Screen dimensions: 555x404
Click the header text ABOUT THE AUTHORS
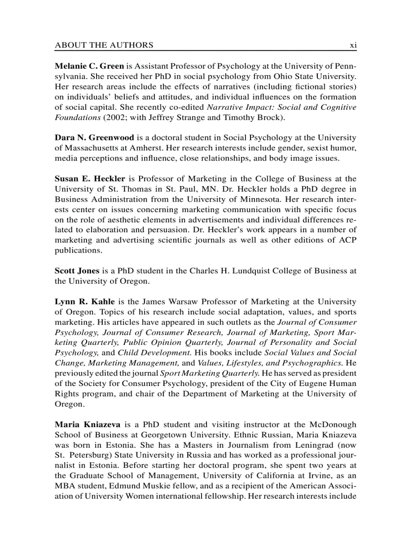[x=104, y=45]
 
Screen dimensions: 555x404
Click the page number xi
[x=353, y=45]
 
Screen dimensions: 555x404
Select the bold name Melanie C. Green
[x=89, y=66]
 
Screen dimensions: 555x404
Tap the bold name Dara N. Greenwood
[x=94, y=138]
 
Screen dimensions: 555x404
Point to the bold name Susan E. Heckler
[x=90, y=178]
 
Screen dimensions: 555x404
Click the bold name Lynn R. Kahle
[x=85, y=301]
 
